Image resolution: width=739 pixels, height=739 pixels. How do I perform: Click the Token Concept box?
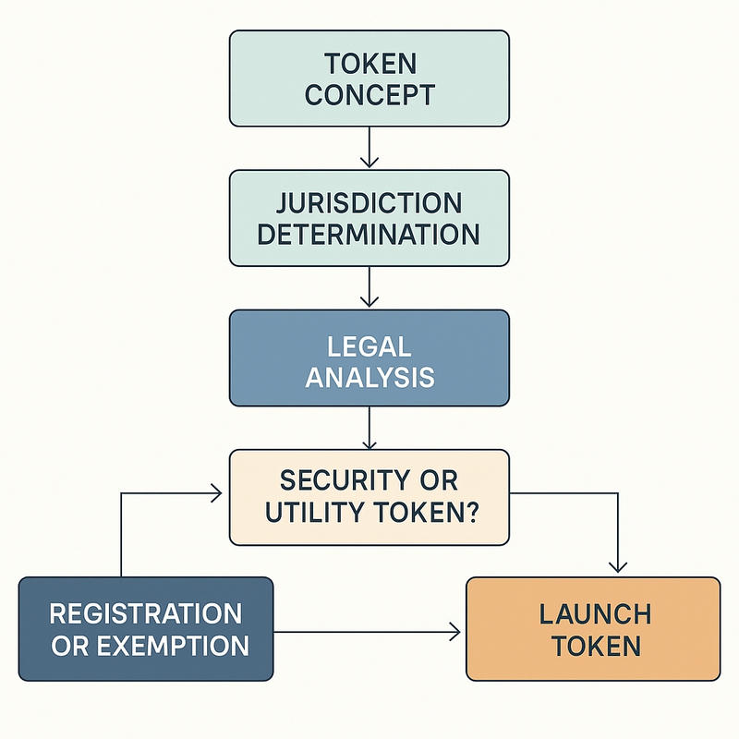coord(369,78)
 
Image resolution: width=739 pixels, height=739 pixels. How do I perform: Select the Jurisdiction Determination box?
coord(369,217)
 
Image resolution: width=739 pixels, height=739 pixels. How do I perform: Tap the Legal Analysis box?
coord(369,357)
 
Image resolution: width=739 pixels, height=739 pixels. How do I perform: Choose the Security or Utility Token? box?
coord(369,497)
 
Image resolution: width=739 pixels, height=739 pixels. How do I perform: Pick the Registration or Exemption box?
coord(146,629)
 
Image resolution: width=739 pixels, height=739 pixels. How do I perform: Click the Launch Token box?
coord(592,629)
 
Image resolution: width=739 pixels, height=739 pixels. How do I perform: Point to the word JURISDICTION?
coord(369,202)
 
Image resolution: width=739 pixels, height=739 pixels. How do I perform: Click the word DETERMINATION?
coord(369,233)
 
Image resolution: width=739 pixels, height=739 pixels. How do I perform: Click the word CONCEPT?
coord(369,93)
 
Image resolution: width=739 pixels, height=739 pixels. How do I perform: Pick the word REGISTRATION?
coord(146,613)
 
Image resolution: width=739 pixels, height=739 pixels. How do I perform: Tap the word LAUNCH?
coord(592,613)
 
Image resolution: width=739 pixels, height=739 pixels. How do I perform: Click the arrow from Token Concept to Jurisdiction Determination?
coord(369,148)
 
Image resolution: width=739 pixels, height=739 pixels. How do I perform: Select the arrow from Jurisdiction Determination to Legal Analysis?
coord(369,287)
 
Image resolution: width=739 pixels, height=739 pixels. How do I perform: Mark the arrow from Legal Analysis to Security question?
coord(369,427)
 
